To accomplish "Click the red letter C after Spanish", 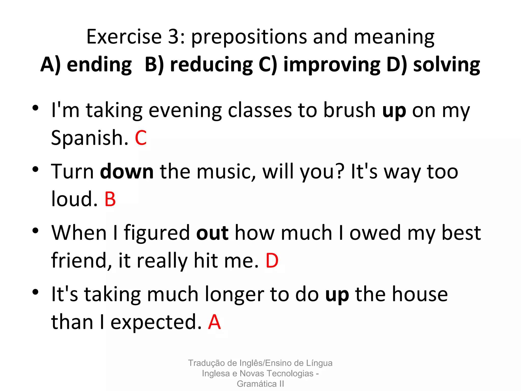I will tap(141, 138).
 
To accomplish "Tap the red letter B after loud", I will tap(110, 199).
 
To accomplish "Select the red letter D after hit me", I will tap(272, 261).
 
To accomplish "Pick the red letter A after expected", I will tap(214, 322).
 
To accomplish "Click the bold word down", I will tap(127, 172).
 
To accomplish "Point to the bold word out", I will tap(212, 233).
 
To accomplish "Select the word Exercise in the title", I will tap(124, 37).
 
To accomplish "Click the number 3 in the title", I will tap(174, 37).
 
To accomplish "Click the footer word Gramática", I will tap(256, 384).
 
